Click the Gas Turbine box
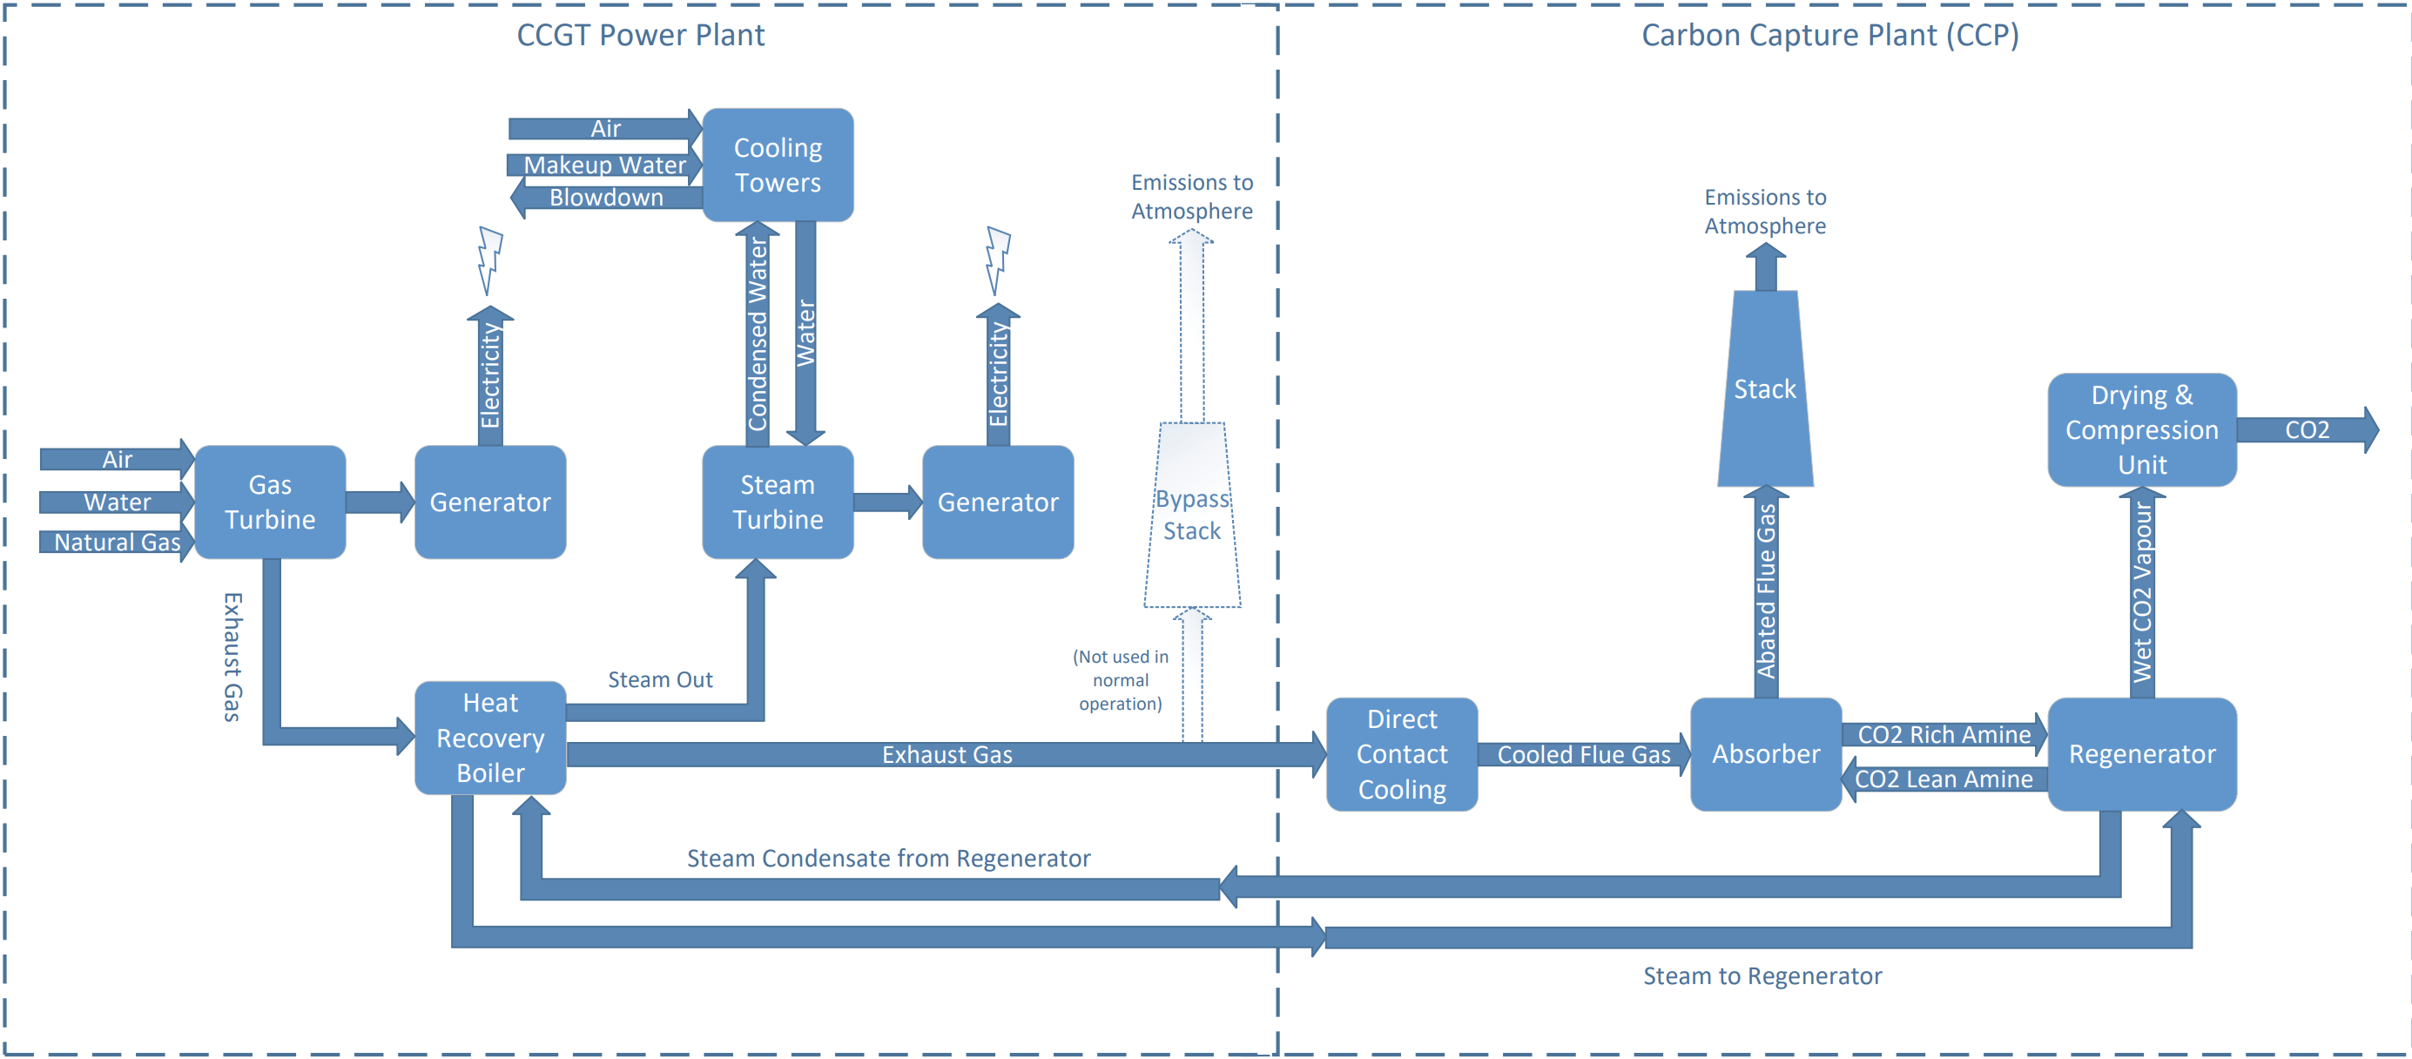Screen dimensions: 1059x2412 click(270, 502)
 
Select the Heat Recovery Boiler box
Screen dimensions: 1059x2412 click(489, 738)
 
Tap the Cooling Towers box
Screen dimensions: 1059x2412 click(778, 165)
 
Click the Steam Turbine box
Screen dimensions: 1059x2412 click(778, 502)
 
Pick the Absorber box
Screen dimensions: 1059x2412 click(1765, 753)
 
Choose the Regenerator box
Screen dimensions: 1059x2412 click(2141, 753)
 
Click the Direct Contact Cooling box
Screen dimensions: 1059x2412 click(1402, 753)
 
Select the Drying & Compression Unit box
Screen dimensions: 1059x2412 click(2141, 429)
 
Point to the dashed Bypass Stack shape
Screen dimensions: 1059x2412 click(1192, 515)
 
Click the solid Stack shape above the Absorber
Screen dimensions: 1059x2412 click(1765, 388)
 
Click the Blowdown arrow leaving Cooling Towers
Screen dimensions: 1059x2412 click(607, 198)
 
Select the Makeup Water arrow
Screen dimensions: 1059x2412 click(605, 165)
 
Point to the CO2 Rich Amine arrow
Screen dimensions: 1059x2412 click(1944, 735)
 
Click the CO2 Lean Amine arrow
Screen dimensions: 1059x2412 click(1944, 779)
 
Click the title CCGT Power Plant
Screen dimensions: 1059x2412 click(641, 36)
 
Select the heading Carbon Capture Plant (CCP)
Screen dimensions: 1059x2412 click(1829, 36)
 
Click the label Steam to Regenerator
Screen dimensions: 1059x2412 click(1762, 976)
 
